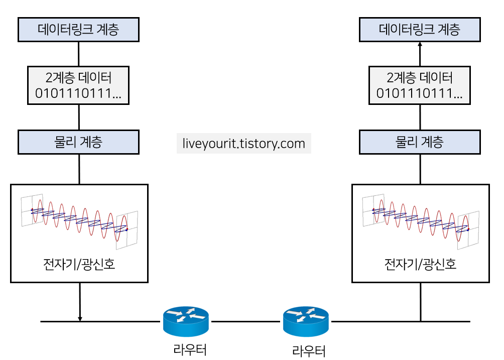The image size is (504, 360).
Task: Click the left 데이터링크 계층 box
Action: pos(78,30)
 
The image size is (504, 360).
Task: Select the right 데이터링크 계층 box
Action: pos(420,30)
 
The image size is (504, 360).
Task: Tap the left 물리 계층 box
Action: pos(78,142)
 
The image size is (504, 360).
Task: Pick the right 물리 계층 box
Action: pos(420,142)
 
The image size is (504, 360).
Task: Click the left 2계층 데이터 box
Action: pos(78,85)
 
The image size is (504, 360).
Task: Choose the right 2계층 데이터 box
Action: pos(420,85)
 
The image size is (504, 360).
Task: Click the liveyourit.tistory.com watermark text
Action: pos(244,144)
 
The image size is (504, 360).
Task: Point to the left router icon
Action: pos(186,321)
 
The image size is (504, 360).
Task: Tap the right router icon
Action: pos(306,322)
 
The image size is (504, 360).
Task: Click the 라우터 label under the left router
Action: pos(190,349)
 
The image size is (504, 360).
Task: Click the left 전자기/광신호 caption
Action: pos(79,264)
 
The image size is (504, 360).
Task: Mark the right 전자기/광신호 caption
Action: pos(421,264)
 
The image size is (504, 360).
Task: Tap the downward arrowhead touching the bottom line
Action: pos(80,318)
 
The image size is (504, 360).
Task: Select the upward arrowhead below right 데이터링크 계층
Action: pos(420,45)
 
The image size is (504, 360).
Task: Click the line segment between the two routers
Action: pos(246,321)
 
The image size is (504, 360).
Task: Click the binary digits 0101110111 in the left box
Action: pos(75,93)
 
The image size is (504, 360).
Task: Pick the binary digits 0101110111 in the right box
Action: pos(416,93)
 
